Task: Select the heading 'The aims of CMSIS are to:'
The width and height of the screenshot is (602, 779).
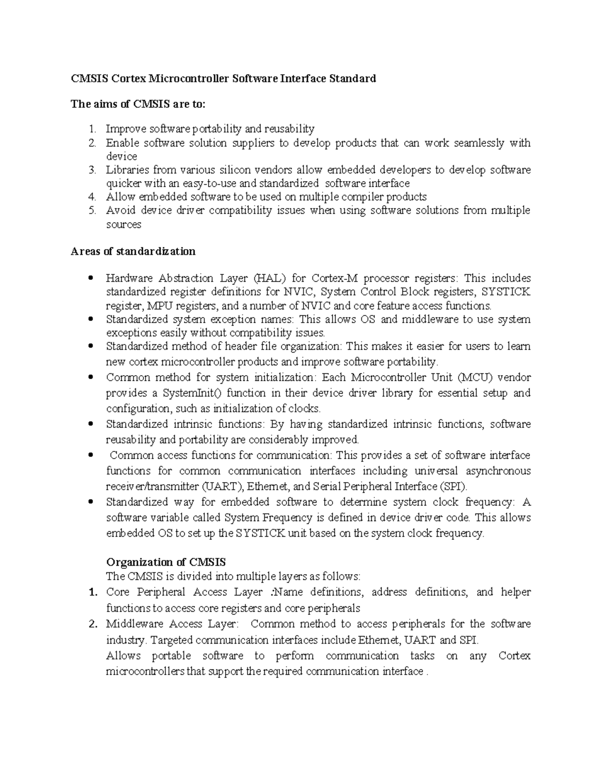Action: pyautogui.click(x=138, y=104)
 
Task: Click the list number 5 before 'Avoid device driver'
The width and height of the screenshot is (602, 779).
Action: pyautogui.click(x=92, y=211)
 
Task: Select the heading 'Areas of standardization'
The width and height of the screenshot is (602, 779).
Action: pyautogui.click(x=133, y=251)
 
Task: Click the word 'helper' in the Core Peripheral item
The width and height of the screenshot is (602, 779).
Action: pyautogui.click(x=516, y=592)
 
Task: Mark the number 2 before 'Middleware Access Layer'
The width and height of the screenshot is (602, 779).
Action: pyautogui.click(x=92, y=625)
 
